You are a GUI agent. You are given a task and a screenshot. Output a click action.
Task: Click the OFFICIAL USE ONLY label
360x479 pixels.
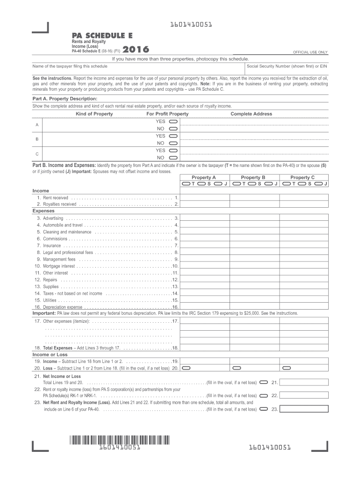pos(310,52)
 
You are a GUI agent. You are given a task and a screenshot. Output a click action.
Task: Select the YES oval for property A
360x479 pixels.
pos(173,121)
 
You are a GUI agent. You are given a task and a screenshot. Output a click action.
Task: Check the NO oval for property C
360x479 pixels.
pos(173,158)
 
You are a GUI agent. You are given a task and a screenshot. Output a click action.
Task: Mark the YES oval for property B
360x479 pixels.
pos(173,136)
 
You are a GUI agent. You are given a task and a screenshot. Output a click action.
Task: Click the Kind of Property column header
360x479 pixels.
pos(94,114)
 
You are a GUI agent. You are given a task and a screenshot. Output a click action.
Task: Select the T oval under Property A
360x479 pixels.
pos(186,184)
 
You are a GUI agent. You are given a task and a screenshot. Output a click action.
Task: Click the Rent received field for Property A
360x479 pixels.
pos(204,198)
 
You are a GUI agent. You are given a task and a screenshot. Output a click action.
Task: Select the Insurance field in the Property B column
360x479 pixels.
pos(254,245)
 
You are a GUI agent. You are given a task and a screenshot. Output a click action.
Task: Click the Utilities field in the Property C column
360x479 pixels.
pos(303,300)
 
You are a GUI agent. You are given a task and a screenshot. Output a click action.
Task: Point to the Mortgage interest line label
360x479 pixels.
pos(59,266)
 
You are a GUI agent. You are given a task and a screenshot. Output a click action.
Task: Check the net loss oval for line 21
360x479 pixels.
pos(263,382)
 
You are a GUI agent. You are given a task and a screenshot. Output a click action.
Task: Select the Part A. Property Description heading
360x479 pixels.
pos(65,99)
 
